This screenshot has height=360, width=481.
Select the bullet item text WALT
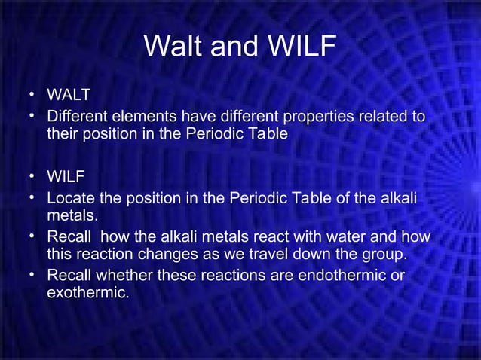pyautogui.click(x=69, y=96)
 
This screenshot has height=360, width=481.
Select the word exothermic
pyautogui.click(x=87, y=292)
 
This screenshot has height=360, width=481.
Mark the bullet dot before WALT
pyautogui.click(x=32, y=95)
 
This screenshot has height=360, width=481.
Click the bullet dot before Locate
pyautogui.click(x=32, y=198)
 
